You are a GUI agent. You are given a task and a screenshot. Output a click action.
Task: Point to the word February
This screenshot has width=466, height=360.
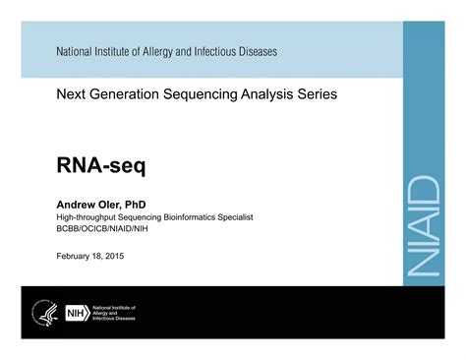pos(75,256)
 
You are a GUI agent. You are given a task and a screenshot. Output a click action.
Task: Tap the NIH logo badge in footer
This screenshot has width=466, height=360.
pos(76,313)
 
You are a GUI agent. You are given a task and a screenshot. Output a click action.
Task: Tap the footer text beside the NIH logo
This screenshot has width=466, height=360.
pos(114,313)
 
